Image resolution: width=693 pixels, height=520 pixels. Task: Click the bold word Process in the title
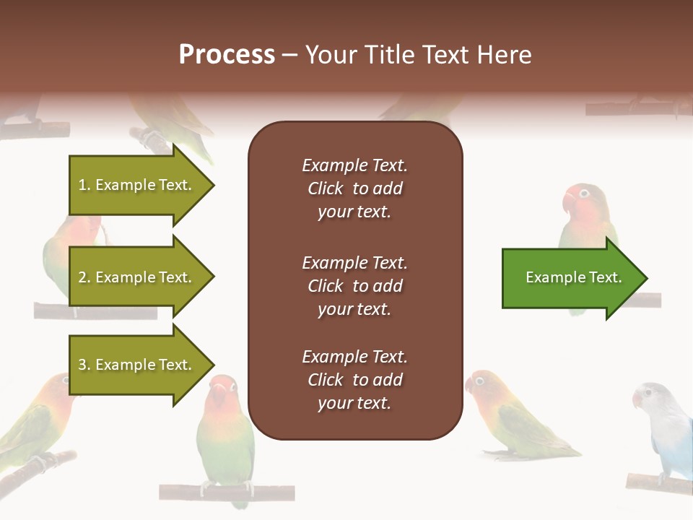pos(227,55)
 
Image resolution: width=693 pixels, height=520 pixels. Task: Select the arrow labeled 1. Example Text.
pos(137,185)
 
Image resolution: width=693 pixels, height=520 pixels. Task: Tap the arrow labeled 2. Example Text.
pos(137,277)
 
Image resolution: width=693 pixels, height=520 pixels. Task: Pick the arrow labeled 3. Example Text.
pos(137,365)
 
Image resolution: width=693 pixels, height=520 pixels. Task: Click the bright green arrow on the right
pos(570,278)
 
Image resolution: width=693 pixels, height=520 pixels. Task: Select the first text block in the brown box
pos(354,188)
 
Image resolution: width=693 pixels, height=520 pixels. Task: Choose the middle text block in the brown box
pos(354,286)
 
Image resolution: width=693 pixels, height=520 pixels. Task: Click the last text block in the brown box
pos(354,380)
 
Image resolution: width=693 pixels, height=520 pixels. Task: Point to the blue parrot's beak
pos(637,399)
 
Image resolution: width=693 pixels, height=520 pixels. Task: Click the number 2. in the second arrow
pos(84,277)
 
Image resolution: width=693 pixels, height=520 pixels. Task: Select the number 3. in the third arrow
pos(84,365)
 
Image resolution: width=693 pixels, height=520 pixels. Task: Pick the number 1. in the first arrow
pos(84,185)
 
